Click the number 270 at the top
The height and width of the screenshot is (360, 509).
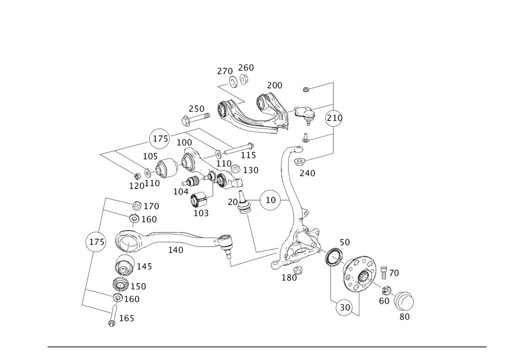pyautogui.click(x=224, y=71)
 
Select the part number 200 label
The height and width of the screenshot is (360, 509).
pyautogui.click(x=274, y=86)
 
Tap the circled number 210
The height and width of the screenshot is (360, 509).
pyautogui.click(x=334, y=118)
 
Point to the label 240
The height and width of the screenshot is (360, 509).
pyautogui.click(x=307, y=173)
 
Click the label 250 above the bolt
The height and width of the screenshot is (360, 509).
pyautogui.click(x=195, y=109)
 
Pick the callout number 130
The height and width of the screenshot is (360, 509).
pyautogui.click(x=250, y=170)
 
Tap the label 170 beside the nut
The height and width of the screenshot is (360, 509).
pyautogui.click(x=151, y=206)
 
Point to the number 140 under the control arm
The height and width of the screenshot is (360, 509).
pyautogui.click(x=175, y=250)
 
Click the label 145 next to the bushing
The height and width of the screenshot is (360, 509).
pyautogui.click(x=145, y=266)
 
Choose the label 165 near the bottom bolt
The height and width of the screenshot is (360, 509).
pyautogui.click(x=127, y=319)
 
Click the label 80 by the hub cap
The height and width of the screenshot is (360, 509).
pyautogui.click(x=405, y=316)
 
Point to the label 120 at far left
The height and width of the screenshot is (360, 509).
pyautogui.click(x=136, y=186)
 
